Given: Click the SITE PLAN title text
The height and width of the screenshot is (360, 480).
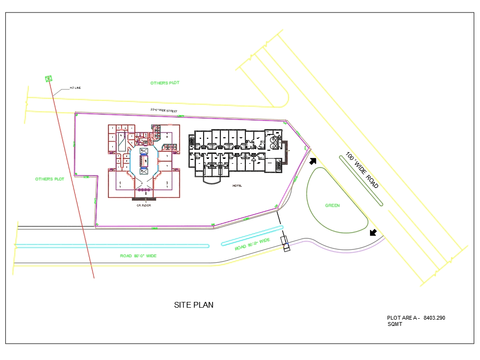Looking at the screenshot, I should pyautogui.click(x=193, y=305).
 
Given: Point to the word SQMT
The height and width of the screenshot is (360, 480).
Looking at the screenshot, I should pyautogui.click(x=395, y=324).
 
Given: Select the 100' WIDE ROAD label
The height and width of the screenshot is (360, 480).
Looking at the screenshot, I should pyautogui.click(x=362, y=170).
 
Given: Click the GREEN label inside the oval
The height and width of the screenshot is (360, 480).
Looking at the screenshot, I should pyautogui.click(x=332, y=205).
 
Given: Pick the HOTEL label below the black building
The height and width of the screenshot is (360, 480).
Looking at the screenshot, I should pyautogui.click(x=238, y=185).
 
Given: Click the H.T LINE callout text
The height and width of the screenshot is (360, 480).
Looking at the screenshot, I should pyautogui.click(x=75, y=88).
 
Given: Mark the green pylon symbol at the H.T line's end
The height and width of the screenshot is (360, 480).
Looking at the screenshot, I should pyautogui.click(x=48, y=78).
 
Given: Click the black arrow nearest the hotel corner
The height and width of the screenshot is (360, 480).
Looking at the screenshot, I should pyautogui.click(x=312, y=162).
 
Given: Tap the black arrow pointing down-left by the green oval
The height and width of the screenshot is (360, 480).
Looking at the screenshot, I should pyautogui.click(x=373, y=233).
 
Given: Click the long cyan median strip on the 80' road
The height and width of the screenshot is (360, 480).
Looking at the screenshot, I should pyautogui.click(x=111, y=246).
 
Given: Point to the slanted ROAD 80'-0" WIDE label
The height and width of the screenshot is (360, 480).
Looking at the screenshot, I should pyautogui.click(x=252, y=244).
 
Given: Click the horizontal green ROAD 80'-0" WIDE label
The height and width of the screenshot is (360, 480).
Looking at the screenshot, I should pyautogui.click(x=138, y=256).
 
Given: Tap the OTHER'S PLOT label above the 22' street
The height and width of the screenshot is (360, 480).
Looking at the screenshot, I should pyautogui.click(x=165, y=83).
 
